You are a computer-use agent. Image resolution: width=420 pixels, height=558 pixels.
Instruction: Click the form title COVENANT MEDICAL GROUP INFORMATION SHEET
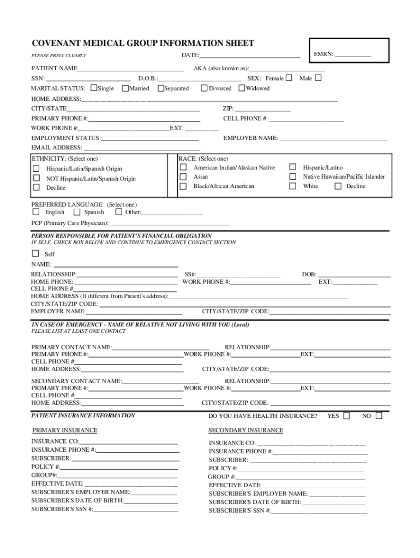[142, 44]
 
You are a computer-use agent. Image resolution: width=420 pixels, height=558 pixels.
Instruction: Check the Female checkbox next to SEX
[289, 78]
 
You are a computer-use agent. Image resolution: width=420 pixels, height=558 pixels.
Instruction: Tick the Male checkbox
[319, 78]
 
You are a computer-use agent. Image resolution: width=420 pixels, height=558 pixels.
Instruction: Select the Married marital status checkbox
[125, 88]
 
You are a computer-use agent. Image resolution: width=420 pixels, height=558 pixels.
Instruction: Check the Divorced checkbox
[205, 88]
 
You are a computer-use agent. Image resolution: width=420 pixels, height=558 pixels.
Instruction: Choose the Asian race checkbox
[183, 177]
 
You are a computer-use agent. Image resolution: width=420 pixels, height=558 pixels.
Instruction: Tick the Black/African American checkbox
[183, 186]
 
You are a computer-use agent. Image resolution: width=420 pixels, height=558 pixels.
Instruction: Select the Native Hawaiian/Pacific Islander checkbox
[293, 177]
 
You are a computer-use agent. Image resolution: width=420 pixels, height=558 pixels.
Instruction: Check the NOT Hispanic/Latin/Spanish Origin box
[37, 178]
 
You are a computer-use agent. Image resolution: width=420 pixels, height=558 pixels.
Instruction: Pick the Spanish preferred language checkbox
[77, 212]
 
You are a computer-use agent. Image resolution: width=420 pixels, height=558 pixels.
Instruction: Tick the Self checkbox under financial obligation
[36, 253]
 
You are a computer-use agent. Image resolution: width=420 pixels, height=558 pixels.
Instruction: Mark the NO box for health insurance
[379, 416]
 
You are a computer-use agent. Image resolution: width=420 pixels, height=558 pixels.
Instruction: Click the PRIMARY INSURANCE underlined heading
[64, 430]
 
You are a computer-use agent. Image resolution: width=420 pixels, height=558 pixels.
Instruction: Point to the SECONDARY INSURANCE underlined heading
[245, 430]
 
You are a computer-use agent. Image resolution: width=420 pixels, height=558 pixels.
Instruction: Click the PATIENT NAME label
[54, 69]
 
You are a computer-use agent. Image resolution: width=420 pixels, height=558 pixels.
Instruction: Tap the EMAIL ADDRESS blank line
[142, 148]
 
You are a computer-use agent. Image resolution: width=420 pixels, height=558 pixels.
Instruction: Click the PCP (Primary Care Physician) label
[70, 223]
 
